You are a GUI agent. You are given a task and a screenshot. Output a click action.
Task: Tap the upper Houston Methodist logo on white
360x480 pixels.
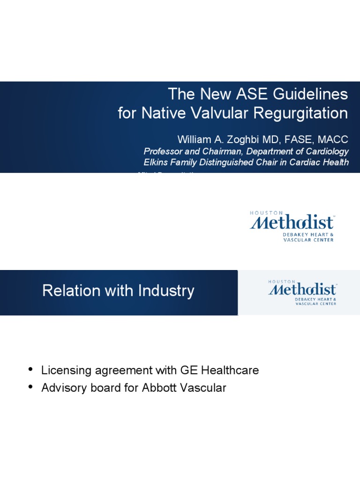coord(292,226)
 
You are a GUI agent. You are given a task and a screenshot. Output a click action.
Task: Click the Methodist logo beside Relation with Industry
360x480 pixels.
coord(302,292)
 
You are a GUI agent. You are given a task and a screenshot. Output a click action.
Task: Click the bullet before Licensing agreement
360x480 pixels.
coord(31,369)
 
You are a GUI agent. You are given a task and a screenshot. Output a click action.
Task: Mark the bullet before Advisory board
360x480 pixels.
coord(31,387)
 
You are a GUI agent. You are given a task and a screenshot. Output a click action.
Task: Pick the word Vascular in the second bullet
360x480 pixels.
coord(203,388)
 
